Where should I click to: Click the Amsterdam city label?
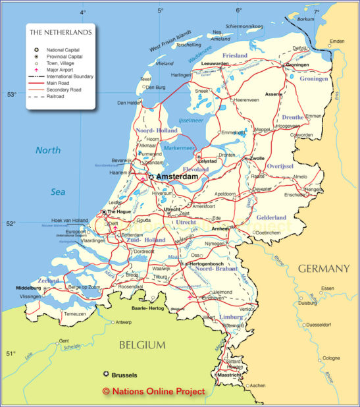click(176, 177)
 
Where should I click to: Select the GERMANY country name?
click(324, 269)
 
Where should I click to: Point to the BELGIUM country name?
click(141, 344)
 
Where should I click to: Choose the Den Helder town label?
click(130, 103)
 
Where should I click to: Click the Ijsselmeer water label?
click(192, 121)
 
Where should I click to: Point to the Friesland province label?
click(235, 56)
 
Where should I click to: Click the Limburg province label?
click(230, 317)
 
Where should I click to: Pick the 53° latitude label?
click(11, 94)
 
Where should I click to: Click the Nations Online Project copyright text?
click(154, 391)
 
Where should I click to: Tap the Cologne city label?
click(332, 358)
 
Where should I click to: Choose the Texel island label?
click(145, 79)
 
